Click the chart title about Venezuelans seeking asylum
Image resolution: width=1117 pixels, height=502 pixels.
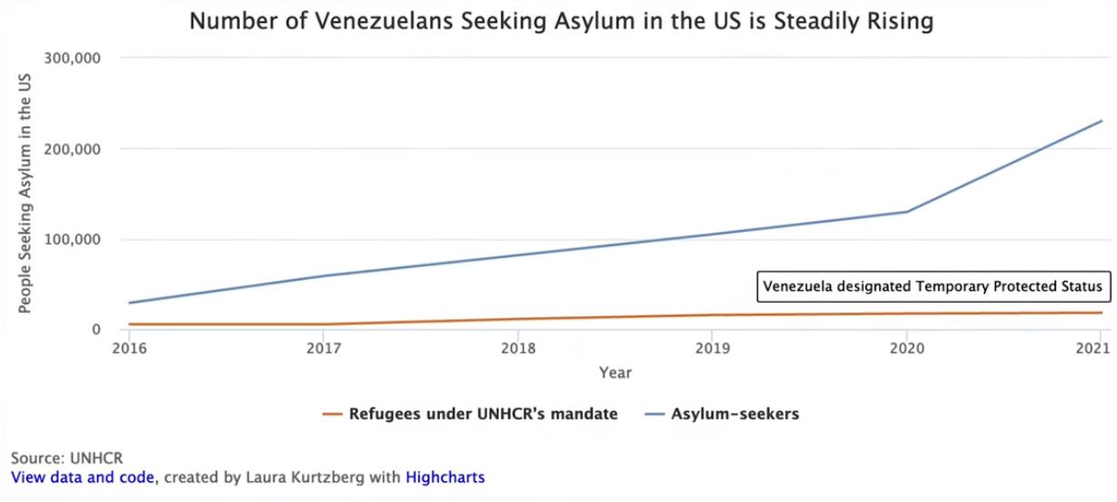pyautogui.click(x=561, y=21)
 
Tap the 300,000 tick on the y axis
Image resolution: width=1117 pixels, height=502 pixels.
pyautogui.click(x=70, y=58)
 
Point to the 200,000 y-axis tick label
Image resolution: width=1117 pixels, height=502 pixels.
pyautogui.click(x=70, y=148)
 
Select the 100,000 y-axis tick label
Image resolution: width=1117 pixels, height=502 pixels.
pyautogui.click(x=70, y=239)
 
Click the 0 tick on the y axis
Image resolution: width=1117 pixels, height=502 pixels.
pyautogui.click(x=94, y=329)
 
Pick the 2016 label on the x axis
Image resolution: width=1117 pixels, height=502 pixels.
pyautogui.click(x=130, y=347)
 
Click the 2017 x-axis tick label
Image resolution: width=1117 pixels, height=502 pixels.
pyautogui.click(x=324, y=347)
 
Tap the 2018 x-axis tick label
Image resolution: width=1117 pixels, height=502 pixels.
pyautogui.click(x=518, y=347)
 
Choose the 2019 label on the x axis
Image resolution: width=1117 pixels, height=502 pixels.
pyautogui.click(x=712, y=347)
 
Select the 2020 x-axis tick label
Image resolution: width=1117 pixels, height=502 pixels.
pyautogui.click(x=905, y=347)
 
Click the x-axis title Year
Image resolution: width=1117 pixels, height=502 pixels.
pyautogui.click(x=615, y=372)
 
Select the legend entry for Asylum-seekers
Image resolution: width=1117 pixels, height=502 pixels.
pyautogui.click(x=722, y=414)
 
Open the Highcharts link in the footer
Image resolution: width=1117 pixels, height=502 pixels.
pyautogui.click(x=445, y=477)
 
